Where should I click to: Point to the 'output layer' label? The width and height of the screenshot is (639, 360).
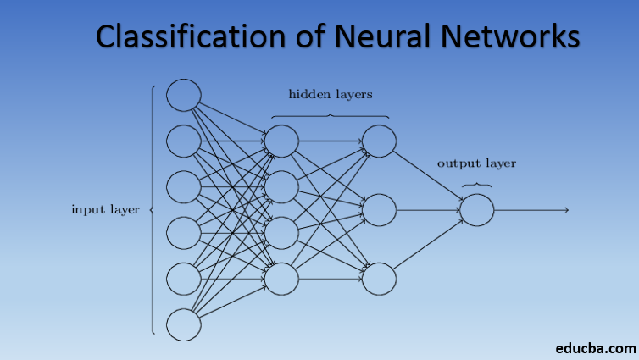pos(476,163)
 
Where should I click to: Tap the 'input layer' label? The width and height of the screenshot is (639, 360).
pos(105,209)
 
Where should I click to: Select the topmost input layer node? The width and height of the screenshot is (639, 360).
pos(183,95)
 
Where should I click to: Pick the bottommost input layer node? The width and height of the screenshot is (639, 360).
pos(183,324)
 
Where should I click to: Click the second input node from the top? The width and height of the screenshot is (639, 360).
pos(183,141)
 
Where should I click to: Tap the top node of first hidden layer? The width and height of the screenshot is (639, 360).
pos(282,141)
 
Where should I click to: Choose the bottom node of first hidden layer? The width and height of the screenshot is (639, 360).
pos(282,278)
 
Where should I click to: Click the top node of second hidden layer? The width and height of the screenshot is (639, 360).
pos(379,141)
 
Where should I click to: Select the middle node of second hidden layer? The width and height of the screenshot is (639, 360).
pos(379,210)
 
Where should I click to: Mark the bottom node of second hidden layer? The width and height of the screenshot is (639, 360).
pos(379,279)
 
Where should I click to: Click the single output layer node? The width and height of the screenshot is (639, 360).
pos(477,210)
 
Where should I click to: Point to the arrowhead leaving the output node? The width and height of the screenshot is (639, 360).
pos(565,210)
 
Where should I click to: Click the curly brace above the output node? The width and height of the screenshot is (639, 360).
pos(476,184)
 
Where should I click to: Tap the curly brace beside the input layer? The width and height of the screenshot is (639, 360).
pos(152,209)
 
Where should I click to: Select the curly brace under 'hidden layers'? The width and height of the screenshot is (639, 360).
pos(330,115)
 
